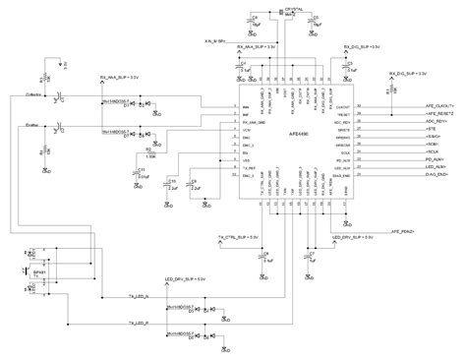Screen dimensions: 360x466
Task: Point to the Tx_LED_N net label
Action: click(142, 294)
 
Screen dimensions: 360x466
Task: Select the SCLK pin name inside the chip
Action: click(344, 153)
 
